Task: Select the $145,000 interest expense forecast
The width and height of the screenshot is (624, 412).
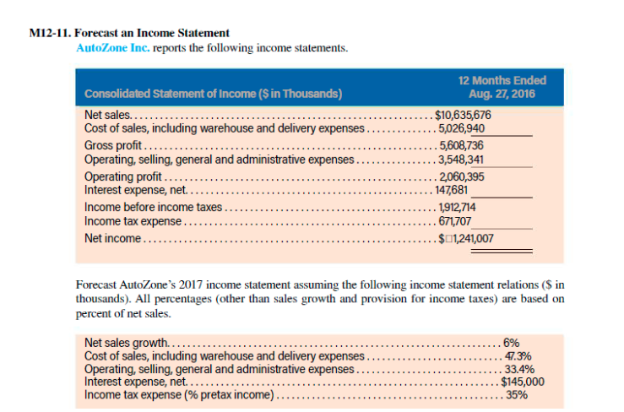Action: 522,382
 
